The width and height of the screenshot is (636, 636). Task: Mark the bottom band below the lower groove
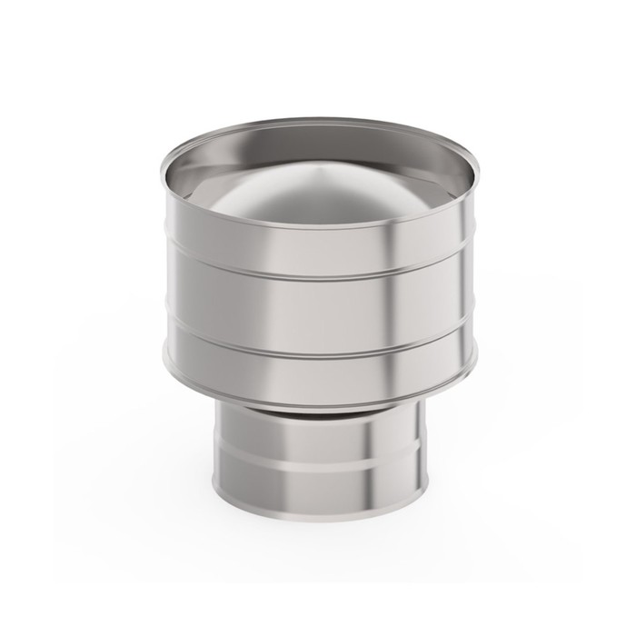[x=318, y=374]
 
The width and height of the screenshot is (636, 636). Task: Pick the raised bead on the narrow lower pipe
[x=318, y=465]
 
